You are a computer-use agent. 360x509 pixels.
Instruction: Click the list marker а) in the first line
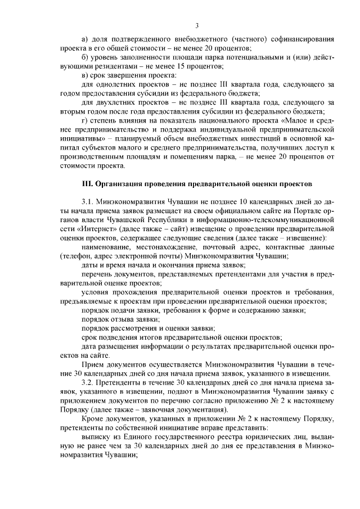point(85,39)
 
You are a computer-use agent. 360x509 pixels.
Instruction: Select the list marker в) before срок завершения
point(85,75)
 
